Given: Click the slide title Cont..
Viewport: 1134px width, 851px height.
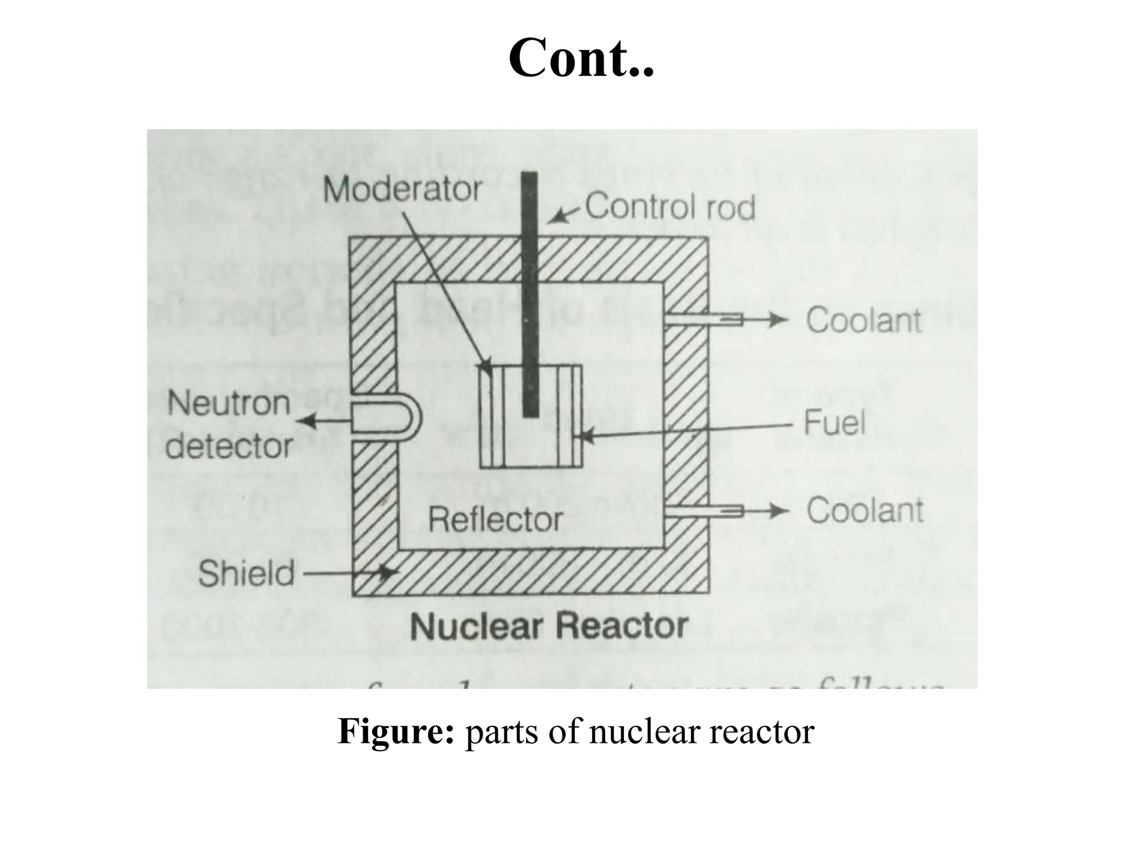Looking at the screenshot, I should [581, 58].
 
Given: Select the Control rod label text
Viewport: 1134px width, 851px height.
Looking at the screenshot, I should [670, 207].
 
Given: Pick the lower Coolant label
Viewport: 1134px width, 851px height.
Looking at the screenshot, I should [865, 510].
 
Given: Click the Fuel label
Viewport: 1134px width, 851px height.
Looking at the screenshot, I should [834, 423].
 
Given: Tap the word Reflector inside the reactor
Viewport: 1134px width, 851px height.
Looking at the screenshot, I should [496, 520].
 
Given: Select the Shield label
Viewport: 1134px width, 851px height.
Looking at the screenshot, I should [246, 573].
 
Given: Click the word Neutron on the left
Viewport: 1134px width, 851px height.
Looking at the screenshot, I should [229, 403].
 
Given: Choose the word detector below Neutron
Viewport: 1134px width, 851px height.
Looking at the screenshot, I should [229, 446].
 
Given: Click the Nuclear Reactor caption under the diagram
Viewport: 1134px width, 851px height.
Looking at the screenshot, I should [549, 627].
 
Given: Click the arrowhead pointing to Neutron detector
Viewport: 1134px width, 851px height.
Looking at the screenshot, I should [306, 422].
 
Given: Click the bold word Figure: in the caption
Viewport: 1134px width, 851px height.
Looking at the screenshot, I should [396, 731].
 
